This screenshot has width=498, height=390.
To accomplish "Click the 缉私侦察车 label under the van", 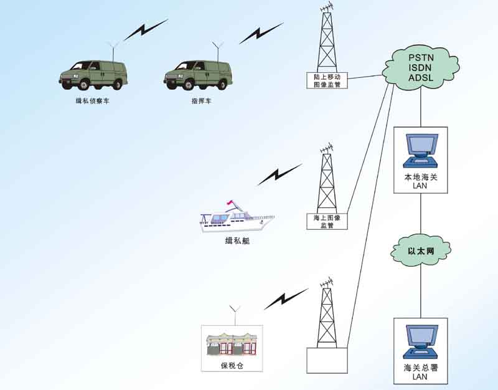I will (x=93, y=100).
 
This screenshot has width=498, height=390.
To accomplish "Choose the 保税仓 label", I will (x=232, y=366).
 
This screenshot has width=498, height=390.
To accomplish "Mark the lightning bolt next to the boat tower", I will (x=280, y=175).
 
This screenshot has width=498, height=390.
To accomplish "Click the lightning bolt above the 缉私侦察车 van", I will (x=145, y=30).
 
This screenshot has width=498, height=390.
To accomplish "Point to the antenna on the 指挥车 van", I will (x=217, y=50).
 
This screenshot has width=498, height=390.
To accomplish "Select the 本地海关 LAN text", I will (x=420, y=181).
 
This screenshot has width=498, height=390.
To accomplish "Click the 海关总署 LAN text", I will (x=420, y=372).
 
